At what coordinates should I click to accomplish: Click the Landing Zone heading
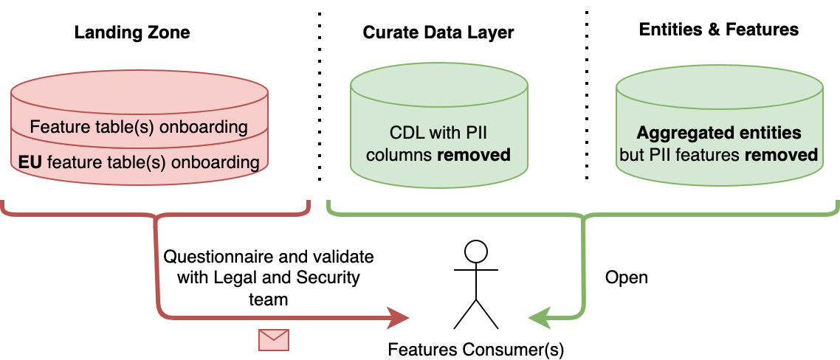click(132, 32)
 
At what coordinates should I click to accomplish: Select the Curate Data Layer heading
click(438, 32)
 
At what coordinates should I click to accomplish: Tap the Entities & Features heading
click(719, 30)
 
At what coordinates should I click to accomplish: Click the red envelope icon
click(273, 339)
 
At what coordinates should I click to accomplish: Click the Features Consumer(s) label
click(476, 349)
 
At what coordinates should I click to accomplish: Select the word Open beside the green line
click(626, 277)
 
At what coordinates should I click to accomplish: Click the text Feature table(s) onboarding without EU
click(139, 126)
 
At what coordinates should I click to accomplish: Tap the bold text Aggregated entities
click(719, 134)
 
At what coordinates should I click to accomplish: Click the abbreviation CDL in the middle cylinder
click(406, 134)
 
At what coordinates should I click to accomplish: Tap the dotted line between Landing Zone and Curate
click(320, 96)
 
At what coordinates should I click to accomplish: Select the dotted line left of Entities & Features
click(586, 96)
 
